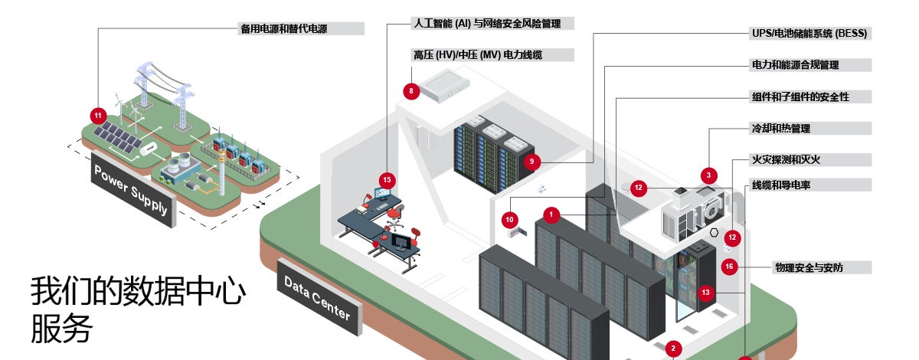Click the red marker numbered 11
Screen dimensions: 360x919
[98, 116]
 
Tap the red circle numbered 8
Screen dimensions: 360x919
[411, 91]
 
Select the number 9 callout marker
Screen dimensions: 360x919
[531, 162]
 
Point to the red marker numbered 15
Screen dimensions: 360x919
[388, 180]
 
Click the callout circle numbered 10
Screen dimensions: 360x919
[511, 220]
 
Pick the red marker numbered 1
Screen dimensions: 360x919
[553, 214]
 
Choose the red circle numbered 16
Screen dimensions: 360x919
[729, 267]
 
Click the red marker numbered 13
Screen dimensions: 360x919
[706, 292]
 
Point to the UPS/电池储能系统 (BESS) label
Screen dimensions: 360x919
[809, 34]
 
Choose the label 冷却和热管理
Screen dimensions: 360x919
[780, 128]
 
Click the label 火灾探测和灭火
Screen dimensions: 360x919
[786, 159]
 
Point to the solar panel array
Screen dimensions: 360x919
[117, 136]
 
